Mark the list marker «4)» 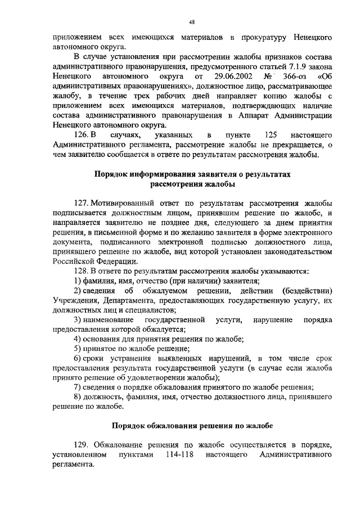point(78,339)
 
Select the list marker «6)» point(78,358)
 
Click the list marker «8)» point(78,397)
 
